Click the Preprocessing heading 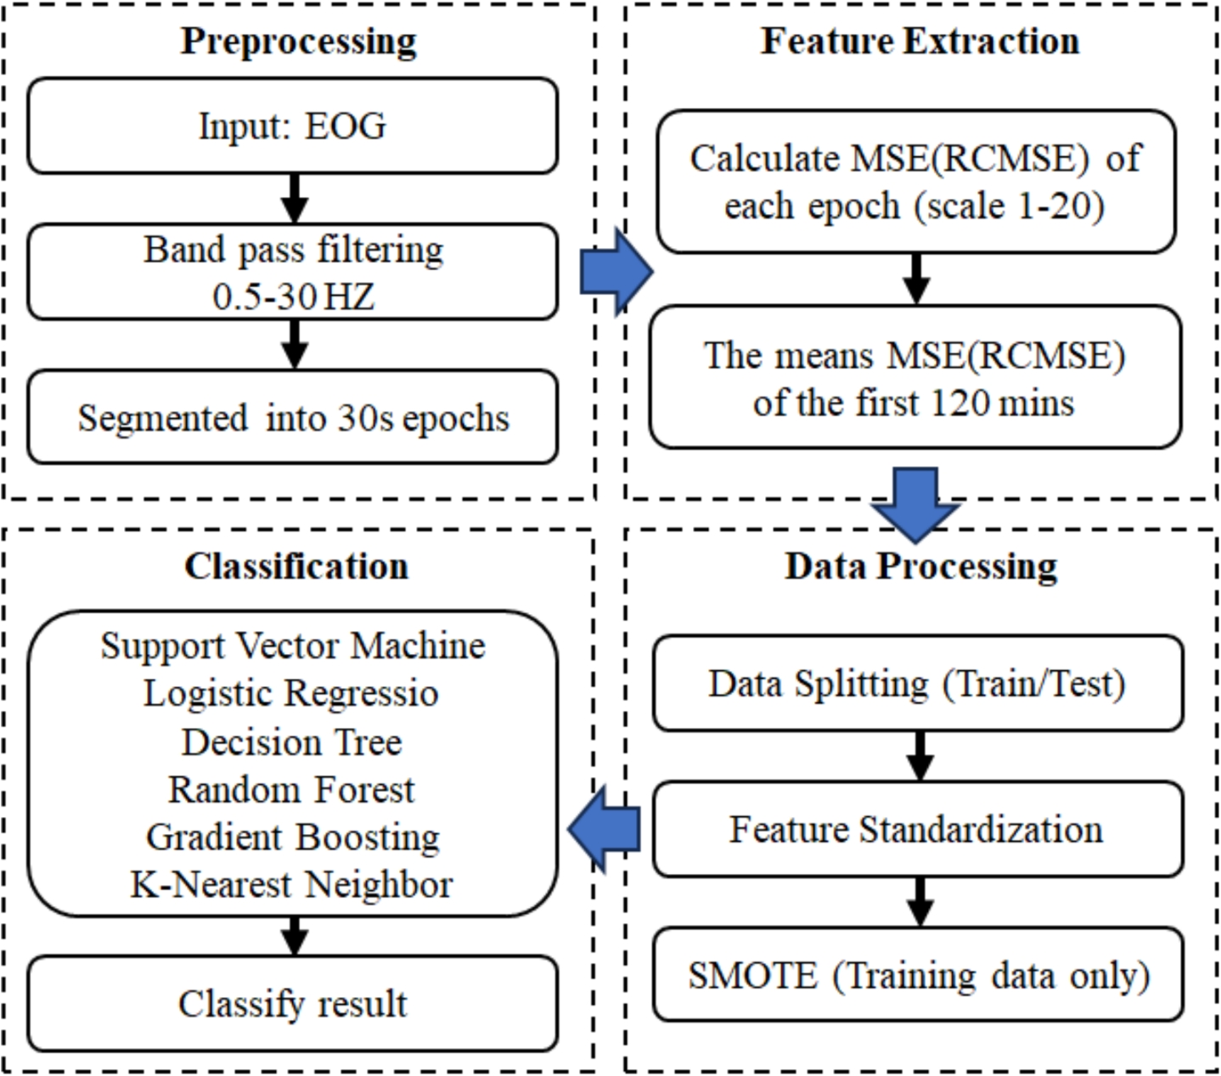tap(298, 42)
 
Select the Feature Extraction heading tap(920, 41)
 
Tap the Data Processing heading tap(920, 566)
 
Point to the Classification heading tap(296, 566)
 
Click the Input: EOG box tap(293, 127)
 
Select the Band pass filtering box tap(293, 272)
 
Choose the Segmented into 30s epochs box tap(293, 417)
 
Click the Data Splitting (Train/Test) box tap(917, 684)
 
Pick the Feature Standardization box tap(917, 830)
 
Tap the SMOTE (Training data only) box tap(917, 975)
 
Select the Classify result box tap(293, 1004)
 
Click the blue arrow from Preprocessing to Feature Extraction tap(616, 272)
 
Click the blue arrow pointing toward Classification tap(604, 829)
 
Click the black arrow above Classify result tap(294, 936)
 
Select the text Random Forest tap(291, 790)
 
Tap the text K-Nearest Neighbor tap(291, 885)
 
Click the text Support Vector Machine tap(293, 646)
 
